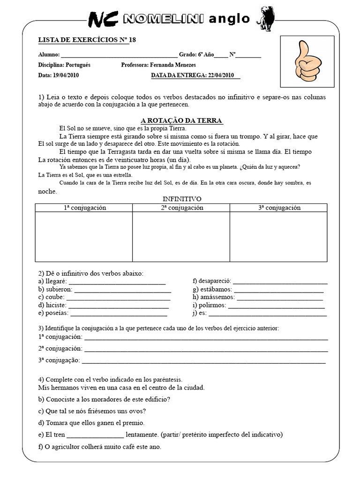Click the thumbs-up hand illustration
(x=307, y=61)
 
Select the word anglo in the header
(x=229, y=19)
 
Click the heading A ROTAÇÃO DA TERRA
(x=181, y=121)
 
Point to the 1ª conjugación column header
(x=85, y=208)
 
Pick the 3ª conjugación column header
(x=279, y=208)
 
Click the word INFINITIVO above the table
(x=181, y=199)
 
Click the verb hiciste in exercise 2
(x=57, y=305)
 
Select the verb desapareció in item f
(x=215, y=281)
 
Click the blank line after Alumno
(x=119, y=55)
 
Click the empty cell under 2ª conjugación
(x=181, y=237)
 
